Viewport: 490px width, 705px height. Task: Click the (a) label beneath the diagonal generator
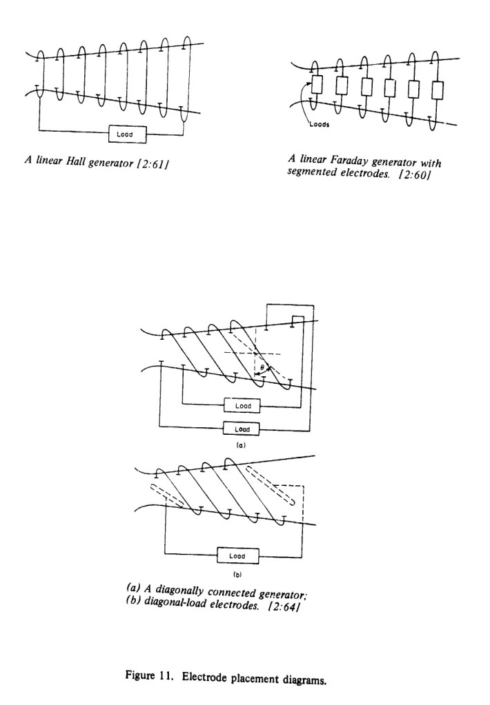point(241,446)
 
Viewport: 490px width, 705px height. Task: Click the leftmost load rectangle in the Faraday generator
point(318,85)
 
